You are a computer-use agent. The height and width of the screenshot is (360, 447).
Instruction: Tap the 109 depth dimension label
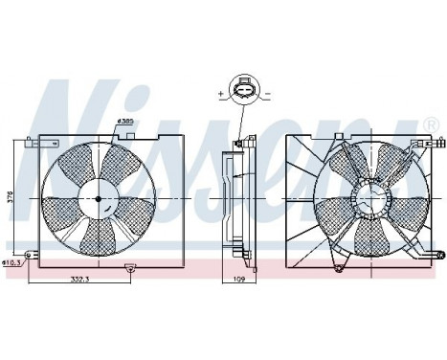241,279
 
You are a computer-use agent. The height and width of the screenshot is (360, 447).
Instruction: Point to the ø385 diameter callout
123,121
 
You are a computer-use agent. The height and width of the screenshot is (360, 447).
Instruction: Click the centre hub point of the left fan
98,198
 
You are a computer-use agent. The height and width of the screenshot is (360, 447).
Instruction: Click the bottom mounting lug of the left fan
129,269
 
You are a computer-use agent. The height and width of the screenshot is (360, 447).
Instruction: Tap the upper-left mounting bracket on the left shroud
33,143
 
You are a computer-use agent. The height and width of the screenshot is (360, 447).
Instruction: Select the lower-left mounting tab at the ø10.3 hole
31,254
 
